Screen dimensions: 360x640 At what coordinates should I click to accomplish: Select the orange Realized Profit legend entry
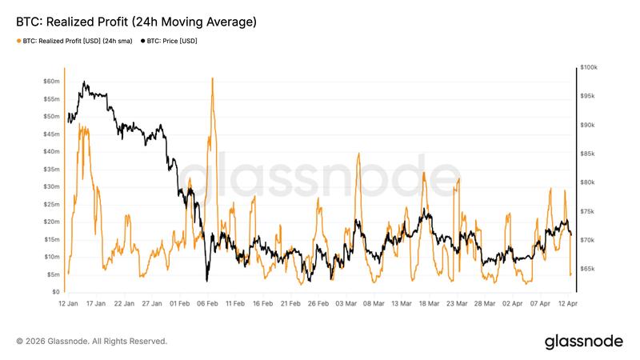(76, 41)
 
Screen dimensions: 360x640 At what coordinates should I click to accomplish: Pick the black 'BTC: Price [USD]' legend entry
(173, 41)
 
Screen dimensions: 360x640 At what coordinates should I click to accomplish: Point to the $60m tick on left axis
(51, 82)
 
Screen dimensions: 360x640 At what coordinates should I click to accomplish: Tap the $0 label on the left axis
(54, 292)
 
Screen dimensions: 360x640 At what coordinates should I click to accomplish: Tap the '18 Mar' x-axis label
(429, 304)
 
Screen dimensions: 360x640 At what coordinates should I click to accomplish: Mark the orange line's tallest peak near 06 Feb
(212, 78)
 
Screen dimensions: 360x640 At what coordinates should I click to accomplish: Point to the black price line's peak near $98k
(84, 82)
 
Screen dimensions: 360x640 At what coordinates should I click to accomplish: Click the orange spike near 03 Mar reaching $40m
(358, 153)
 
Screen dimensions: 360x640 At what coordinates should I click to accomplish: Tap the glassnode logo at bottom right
(583, 342)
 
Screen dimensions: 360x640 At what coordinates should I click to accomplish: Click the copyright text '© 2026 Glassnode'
(92, 342)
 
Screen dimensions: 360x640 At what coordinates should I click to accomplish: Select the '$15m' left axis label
(51, 239)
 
